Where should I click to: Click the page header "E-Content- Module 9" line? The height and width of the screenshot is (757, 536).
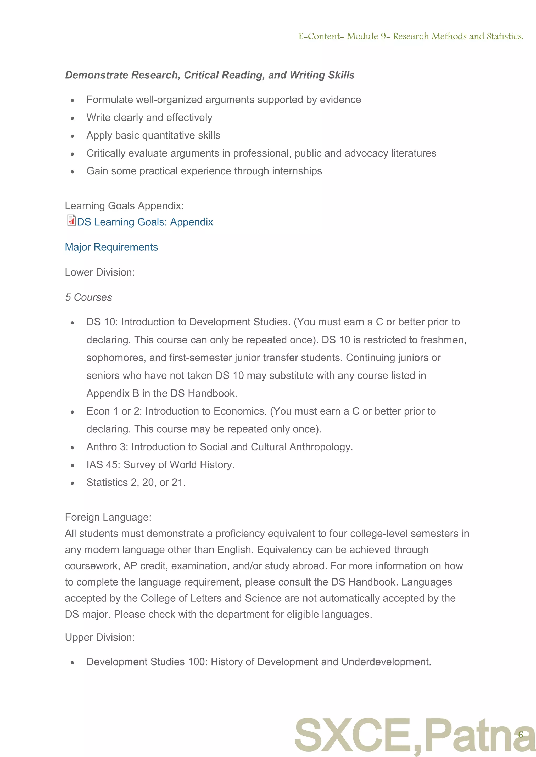pyautogui.click(x=411, y=36)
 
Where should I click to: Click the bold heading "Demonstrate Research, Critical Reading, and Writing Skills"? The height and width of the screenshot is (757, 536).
pyautogui.click(x=210, y=75)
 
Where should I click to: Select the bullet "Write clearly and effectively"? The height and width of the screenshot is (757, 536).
pyautogui.click(x=149, y=118)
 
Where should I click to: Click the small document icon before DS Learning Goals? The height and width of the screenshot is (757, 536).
pyautogui.click(x=71, y=220)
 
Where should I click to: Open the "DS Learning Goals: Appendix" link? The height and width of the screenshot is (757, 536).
pyautogui.click(x=145, y=222)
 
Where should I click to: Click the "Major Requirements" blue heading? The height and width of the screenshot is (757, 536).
pyautogui.click(x=111, y=247)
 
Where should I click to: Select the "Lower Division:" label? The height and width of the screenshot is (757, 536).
pyautogui.click(x=100, y=272)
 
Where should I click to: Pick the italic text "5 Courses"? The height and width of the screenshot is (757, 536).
pyautogui.click(x=88, y=297)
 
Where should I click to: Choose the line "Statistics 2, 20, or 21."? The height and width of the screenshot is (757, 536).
pyautogui.click(x=136, y=483)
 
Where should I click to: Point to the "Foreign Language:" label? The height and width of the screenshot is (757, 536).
pyautogui.click(x=108, y=517)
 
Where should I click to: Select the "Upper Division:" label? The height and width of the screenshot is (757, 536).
pyautogui.click(x=100, y=637)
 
